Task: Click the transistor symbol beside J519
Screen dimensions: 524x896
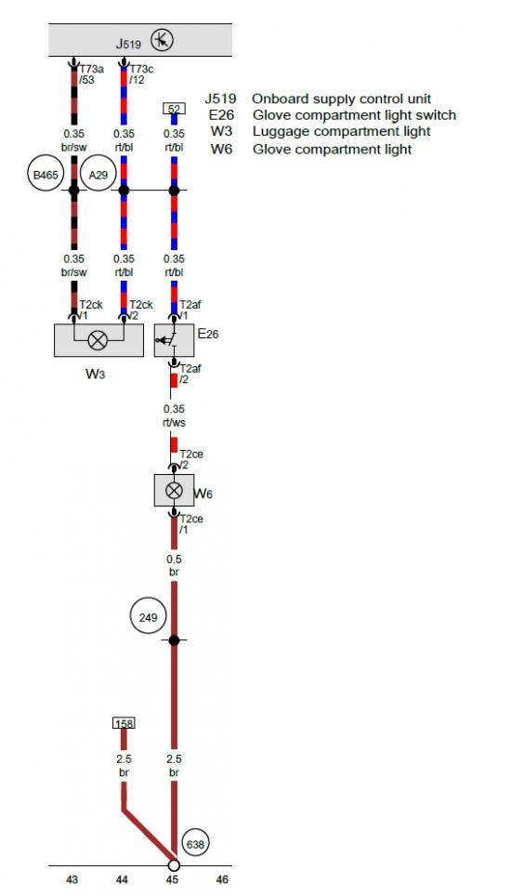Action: point(162,41)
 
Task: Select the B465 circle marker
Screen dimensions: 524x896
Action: point(46,175)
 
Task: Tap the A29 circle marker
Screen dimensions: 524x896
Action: point(98,175)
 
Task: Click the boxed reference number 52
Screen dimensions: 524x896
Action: point(175,109)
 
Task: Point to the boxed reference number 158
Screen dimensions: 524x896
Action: point(124,723)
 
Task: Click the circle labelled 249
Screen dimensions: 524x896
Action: point(148,617)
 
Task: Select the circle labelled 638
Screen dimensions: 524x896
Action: point(195,843)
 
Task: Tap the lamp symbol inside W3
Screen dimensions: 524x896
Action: point(98,340)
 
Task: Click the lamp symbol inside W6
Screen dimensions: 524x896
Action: point(175,490)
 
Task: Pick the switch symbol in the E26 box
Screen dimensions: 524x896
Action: point(168,340)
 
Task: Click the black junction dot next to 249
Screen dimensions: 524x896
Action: point(175,640)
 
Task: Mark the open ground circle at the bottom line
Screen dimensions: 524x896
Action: point(174,865)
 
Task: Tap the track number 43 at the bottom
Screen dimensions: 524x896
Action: point(72,879)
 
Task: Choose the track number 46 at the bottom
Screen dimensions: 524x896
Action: point(222,879)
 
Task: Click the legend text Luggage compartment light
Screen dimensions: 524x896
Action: point(342,131)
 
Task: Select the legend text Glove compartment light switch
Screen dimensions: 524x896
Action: point(354,115)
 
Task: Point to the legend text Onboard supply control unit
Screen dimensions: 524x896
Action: point(342,99)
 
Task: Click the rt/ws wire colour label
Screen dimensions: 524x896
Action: point(174,423)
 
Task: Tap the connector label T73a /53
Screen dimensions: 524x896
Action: point(91,74)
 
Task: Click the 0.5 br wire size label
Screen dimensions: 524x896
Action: point(174,565)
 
